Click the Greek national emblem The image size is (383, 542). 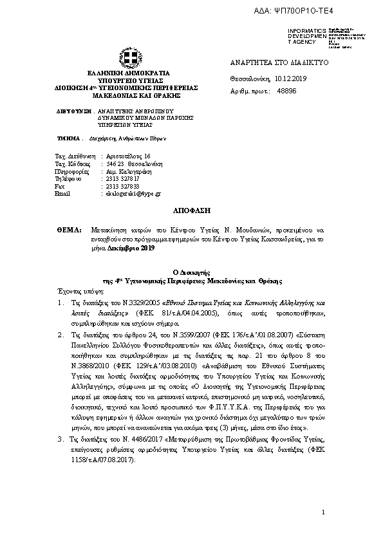tap(127, 59)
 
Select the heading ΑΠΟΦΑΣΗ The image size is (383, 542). tap(191, 210)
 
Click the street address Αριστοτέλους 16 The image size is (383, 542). tap(129, 156)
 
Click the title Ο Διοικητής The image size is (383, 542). tap(191, 273)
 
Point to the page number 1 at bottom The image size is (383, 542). tap(324, 512)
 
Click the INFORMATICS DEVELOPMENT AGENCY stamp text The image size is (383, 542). tap(302, 36)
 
